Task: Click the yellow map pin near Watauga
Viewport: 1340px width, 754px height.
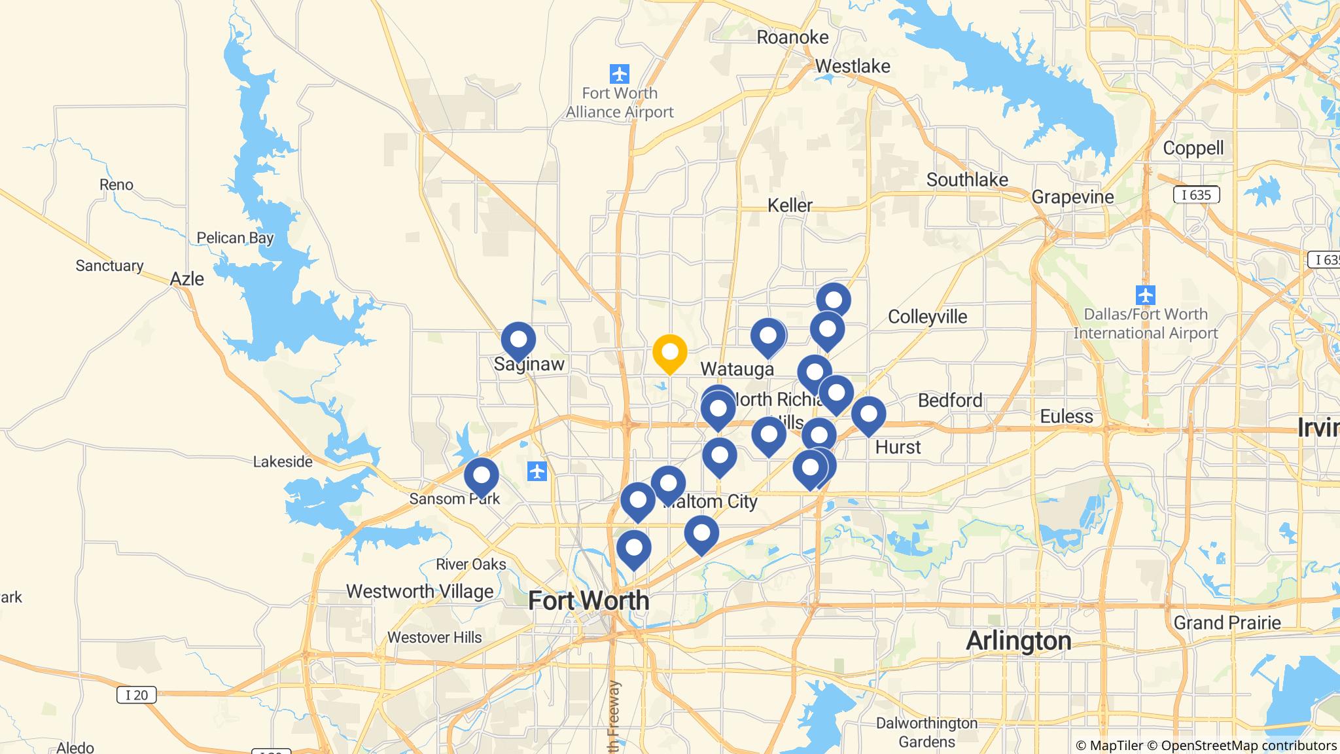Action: click(x=669, y=353)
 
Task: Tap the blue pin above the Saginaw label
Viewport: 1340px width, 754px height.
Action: click(x=518, y=340)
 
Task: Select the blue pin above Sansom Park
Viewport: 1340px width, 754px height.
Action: click(x=481, y=476)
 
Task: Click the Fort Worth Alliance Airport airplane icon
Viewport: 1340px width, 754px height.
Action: click(x=619, y=74)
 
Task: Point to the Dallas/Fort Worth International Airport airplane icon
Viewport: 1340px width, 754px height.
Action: click(x=1145, y=295)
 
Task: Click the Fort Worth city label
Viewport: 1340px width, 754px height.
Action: click(x=588, y=600)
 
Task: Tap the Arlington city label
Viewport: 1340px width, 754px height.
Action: click(x=1018, y=640)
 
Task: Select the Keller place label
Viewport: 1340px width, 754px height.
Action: click(x=790, y=205)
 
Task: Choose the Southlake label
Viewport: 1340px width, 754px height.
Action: click(x=966, y=179)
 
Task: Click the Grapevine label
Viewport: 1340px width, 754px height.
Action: click(x=1072, y=196)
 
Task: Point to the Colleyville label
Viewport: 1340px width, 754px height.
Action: click(x=927, y=317)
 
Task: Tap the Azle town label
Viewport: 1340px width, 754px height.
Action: click(x=186, y=279)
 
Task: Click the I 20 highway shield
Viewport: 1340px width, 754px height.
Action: click(x=136, y=694)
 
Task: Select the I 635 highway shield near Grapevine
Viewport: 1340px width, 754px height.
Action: click(x=1196, y=194)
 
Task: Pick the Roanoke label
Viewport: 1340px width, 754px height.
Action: click(x=792, y=37)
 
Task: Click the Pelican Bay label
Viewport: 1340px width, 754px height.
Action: click(x=235, y=238)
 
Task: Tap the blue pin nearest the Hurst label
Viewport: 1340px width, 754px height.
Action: click(x=868, y=415)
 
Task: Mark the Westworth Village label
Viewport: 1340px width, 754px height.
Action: click(x=419, y=591)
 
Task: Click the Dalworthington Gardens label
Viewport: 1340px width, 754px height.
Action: click(x=926, y=732)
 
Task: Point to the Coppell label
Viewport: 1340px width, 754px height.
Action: click(x=1193, y=148)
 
